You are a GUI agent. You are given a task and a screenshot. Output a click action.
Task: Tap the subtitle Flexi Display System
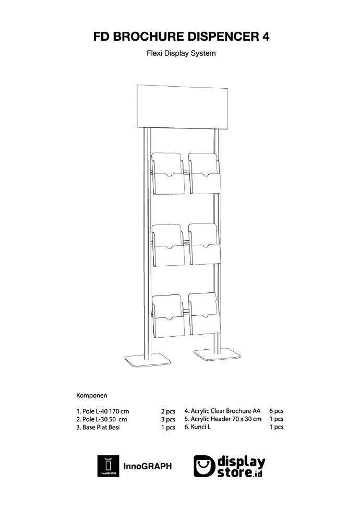point(181,53)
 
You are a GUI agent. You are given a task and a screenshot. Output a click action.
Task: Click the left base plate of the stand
point(148,360)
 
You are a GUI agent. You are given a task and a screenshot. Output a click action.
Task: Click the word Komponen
point(92,395)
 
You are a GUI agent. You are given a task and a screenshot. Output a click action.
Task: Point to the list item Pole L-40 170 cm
point(103,411)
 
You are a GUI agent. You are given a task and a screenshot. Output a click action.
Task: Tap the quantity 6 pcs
point(276,411)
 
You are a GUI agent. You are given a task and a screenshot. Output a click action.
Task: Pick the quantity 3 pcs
point(167,419)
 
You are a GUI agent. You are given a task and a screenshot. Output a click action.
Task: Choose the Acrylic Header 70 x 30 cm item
point(223,419)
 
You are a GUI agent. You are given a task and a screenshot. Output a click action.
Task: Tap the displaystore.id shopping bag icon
point(205,466)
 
